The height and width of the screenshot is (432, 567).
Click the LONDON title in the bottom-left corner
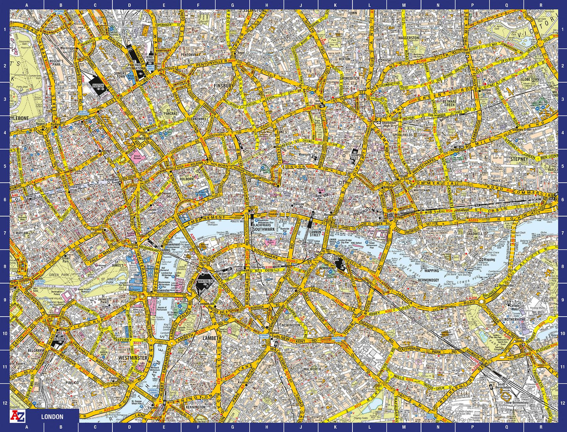tap(52, 417)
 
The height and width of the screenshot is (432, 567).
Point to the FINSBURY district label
tap(224, 85)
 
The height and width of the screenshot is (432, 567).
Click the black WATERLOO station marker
tap(204, 282)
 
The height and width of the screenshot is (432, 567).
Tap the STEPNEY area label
tap(520, 159)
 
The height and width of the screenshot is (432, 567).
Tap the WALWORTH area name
tap(312, 369)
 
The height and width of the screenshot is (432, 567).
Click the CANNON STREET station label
tap(315, 235)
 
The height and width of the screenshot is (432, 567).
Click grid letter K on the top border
tap(335, 5)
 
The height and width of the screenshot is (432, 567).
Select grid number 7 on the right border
tap(562, 233)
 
